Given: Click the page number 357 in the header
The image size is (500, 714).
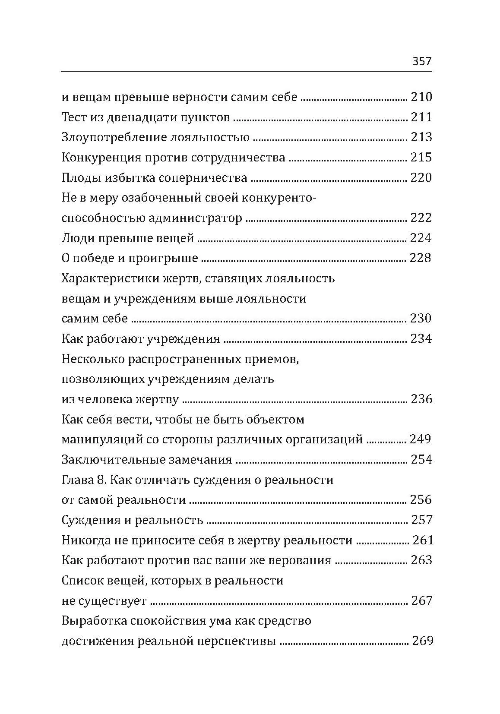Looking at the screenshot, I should pos(422,61).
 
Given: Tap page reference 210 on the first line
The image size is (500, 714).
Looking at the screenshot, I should pos(421,97).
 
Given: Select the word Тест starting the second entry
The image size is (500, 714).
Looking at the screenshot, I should pos(75,117).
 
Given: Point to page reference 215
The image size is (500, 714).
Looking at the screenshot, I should pos(421,158).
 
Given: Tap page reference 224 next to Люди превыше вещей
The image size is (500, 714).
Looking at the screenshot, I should pos(421,238).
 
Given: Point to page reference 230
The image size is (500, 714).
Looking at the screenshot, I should pos(421,319).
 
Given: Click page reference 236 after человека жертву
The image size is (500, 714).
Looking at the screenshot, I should pos(421,399).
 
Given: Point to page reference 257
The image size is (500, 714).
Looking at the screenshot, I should pos(421,520).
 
